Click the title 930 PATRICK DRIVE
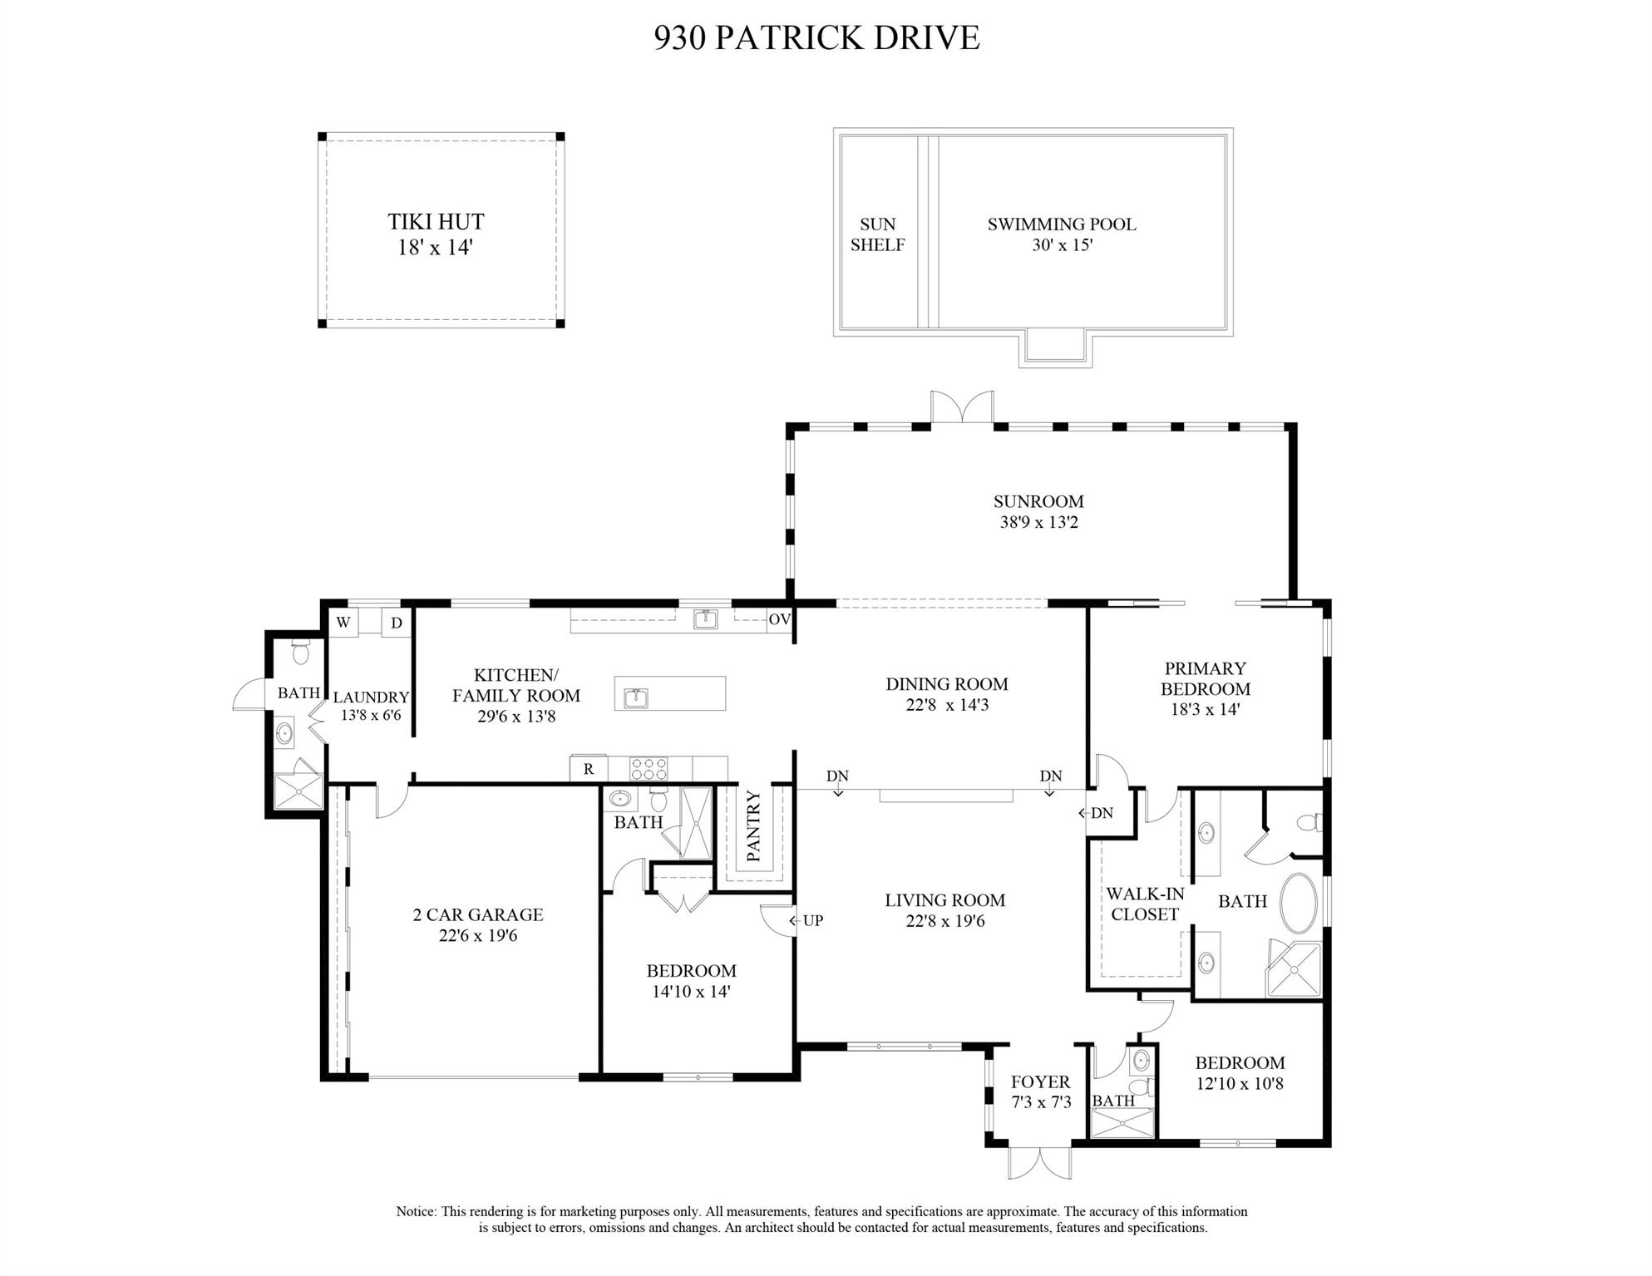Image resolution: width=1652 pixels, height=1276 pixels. [x=816, y=38]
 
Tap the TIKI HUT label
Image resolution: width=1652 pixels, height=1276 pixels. [x=436, y=222]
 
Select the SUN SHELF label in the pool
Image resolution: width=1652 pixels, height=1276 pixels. [x=877, y=234]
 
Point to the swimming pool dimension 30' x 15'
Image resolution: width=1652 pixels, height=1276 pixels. [x=1062, y=245]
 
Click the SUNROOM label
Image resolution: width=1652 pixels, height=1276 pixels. [x=1038, y=501]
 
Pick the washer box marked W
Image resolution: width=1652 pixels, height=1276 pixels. [x=343, y=623]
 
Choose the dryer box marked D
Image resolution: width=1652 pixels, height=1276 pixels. [x=397, y=623]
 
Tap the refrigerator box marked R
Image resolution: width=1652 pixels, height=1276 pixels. [x=589, y=769]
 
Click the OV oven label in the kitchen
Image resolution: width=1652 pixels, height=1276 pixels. [x=779, y=619]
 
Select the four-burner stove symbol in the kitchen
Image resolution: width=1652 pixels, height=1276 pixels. [x=649, y=768]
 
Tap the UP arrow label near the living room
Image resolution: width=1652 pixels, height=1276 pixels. [x=806, y=920]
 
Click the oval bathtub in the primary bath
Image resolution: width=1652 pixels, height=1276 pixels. [x=1299, y=904]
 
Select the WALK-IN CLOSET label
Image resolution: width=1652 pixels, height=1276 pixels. [x=1145, y=904]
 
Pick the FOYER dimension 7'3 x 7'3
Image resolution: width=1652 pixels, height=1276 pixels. [x=1041, y=1102]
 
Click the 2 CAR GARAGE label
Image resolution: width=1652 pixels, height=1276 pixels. [x=478, y=914]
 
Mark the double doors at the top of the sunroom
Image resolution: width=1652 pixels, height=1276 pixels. [x=962, y=408]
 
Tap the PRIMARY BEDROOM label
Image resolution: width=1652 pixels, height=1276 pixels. [x=1206, y=678]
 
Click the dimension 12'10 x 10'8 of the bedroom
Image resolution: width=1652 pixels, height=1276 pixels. [x=1240, y=1083]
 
